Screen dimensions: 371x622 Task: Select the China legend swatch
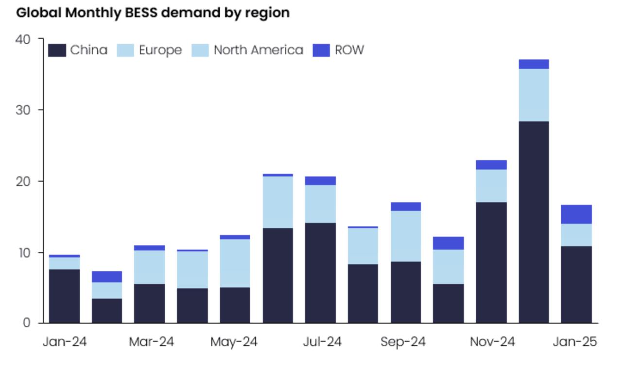click(57, 50)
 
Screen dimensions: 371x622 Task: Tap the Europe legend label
click(160, 50)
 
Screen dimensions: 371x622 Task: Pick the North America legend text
click(258, 50)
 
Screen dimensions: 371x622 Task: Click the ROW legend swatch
click(321, 50)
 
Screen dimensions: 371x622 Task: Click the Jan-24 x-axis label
click(65, 342)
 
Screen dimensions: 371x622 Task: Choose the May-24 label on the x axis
click(234, 342)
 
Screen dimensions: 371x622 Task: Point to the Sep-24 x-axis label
click(403, 342)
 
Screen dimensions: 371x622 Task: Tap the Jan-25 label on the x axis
click(575, 342)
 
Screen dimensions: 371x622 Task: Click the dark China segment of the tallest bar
click(534, 222)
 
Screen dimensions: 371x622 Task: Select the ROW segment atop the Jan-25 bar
click(576, 214)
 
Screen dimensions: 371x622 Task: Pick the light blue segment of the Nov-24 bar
click(491, 185)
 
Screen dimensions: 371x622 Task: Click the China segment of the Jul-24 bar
click(320, 273)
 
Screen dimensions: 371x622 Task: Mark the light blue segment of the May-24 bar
click(235, 263)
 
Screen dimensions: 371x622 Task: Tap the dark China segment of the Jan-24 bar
click(64, 296)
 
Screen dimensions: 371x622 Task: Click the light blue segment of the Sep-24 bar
click(406, 236)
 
